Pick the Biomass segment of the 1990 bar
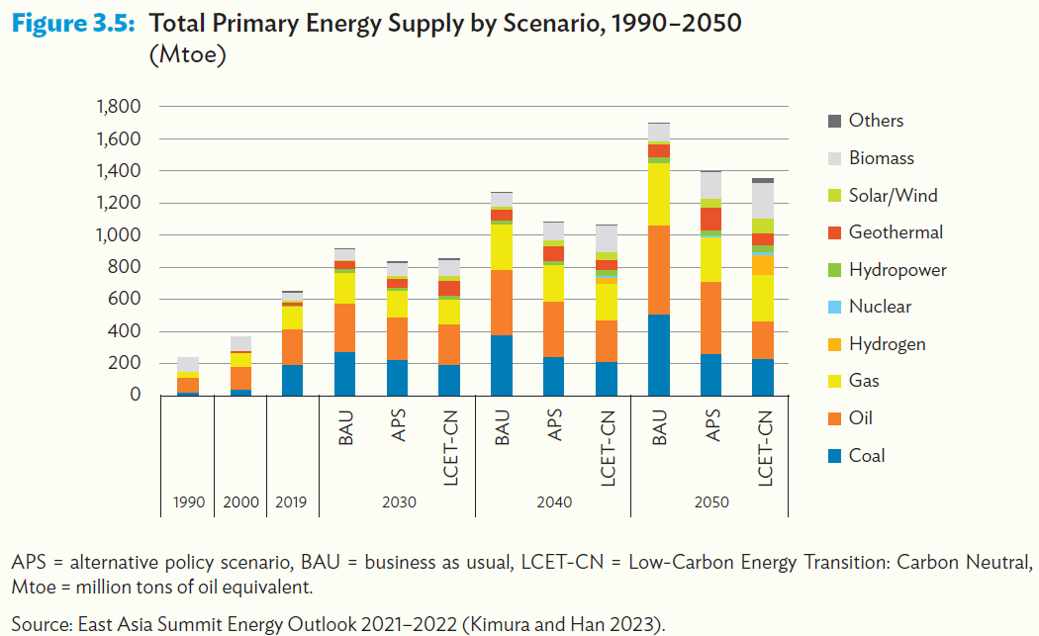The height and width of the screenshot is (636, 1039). [x=188, y=364]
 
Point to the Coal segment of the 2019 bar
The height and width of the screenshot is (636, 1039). [x=293, y=380]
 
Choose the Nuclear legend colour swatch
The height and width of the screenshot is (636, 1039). [x=834, y=308]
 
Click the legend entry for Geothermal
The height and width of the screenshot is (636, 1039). [x=895, y=232]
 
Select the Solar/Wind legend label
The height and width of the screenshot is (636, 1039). [x=893, y=196]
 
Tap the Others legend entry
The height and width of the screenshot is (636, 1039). [x=876, y=121]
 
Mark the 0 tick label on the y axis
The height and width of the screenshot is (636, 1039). [x=137, y=395]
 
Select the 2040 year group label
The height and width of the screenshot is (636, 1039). [x=554, y=502]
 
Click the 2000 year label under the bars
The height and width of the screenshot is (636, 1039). [x=240, y=502]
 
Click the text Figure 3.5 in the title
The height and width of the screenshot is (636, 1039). [x=72, y=24]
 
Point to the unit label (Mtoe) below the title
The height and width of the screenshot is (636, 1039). [x=188, y=56]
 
